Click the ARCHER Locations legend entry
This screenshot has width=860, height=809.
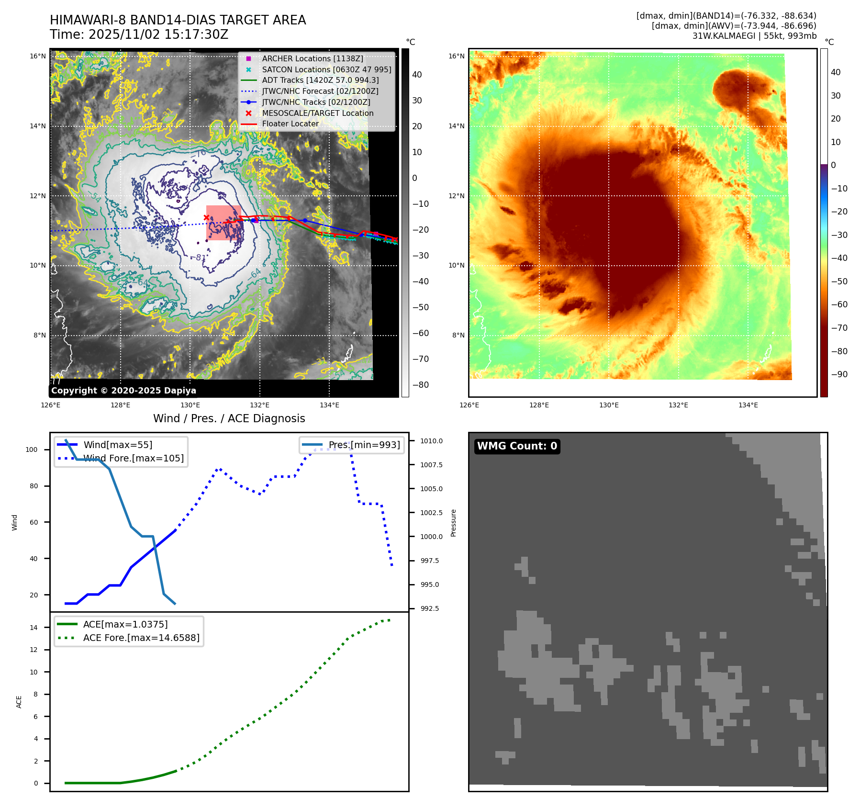pyautogui.click(x=313, y=58)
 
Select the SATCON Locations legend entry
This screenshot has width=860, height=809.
pyautogui.click(x=326, y=69)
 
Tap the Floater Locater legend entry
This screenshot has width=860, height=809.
pyautogui.click(x=290, y=124)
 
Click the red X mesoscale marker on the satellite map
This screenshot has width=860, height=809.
pyautogui.click(x=206, y=217)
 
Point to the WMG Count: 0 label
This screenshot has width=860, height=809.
pyautogui.click(x=517, y=446)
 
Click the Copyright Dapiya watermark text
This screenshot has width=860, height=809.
pyautogui.click(x=123, y=391)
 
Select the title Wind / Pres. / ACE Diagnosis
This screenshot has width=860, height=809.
pyautogui.click(x=229, y=418)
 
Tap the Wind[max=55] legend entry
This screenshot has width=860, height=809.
pyautogui.click(x=118, y=445)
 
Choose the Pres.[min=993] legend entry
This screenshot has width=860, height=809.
pyautogui.click(x=364, y=445)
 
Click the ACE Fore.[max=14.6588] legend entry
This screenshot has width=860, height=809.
pyautogui.click(x=141, y=638)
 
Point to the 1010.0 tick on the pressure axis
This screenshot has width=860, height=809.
pyautogui.click(x=431, y=441)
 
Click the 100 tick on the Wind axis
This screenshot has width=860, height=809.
pyautogui.click(x=32, y=449)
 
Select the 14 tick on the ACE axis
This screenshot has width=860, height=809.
pyautogui.click(x=34, y=628)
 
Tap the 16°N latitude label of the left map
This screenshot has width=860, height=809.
pyautogui.click(x=38, y=56)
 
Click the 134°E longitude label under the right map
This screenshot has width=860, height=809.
pyautogui.click(x=748, y=405)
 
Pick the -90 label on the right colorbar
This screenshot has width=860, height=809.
pyautogui.click(x=839, y=374)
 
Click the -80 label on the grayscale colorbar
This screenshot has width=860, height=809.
pyautogui.click(x=421, y=385)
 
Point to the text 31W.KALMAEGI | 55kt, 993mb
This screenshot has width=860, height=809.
pyautogui.click(x=754, y=36)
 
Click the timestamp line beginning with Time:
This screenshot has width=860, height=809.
pyautogui.click(x=139, y=35)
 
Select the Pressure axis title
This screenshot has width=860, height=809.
pyautogui.click(x=453, y=523)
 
